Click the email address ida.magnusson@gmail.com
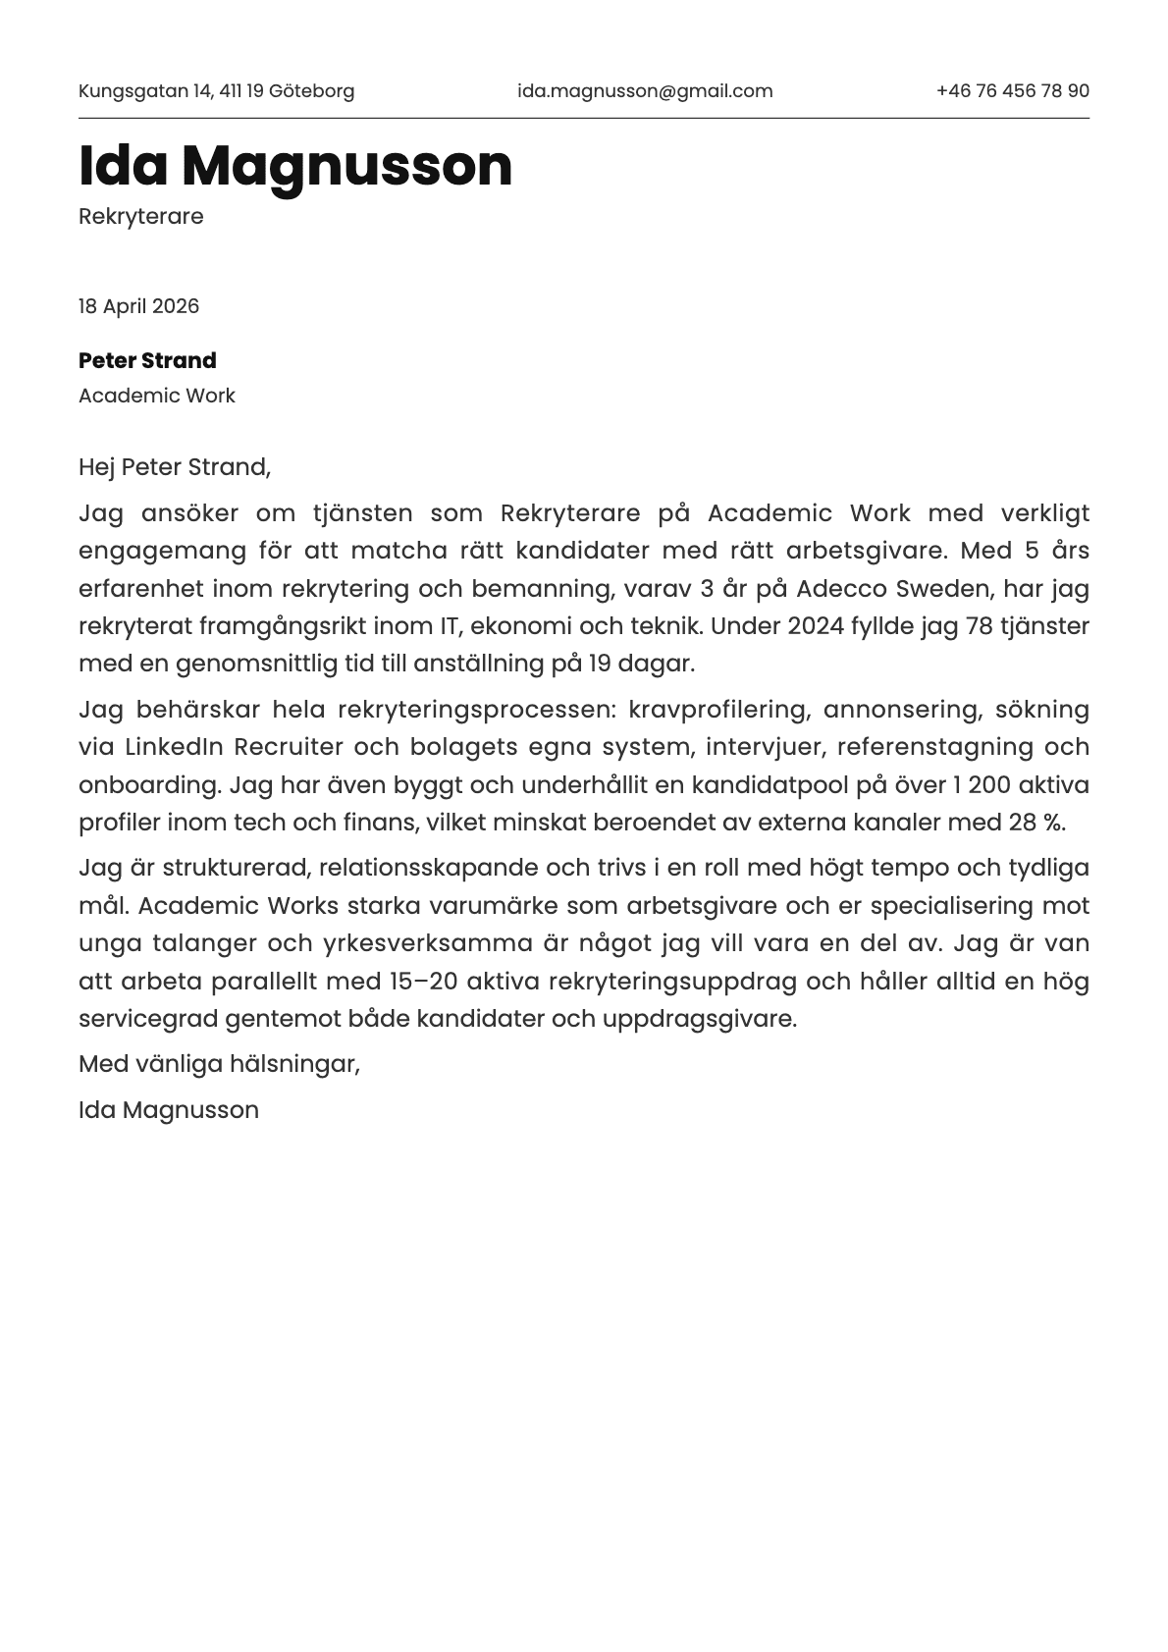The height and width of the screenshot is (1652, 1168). click(x=645, y=91)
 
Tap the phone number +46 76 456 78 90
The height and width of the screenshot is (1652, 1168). click(x=1012, y=91)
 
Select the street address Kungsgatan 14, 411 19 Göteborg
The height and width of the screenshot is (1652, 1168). click(x=216, y=91)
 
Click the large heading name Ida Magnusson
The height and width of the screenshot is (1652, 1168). click(x=295, y=165)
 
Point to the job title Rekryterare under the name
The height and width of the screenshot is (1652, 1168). click(x=140, y=216)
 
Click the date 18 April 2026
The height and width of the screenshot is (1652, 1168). click(x=138, y=306)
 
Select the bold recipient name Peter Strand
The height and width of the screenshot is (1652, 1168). click(x=147, y=360)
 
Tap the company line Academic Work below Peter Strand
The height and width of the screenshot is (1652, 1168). click(x=156, y=396)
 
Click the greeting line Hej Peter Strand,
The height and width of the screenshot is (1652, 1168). click(x=174, y=467)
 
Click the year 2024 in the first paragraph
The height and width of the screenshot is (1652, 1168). click(x=815, y=626)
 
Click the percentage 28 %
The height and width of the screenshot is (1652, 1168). click(x=1035, y=823)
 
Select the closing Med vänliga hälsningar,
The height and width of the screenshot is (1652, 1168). click(x=219, y=1063)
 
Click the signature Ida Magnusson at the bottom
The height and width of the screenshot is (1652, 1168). click(x=169, y=1110)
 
